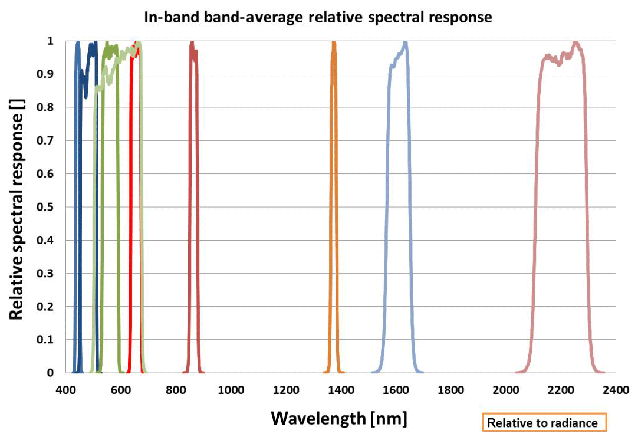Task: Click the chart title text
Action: point(318,17)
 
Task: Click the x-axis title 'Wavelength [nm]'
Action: point(339,418)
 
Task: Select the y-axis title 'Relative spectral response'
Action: point(17,209)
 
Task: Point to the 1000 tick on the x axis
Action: point(231,390)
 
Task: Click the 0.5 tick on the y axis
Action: point(50,207)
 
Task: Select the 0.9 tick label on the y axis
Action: point(50,74)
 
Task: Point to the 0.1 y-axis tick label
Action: point(50,340)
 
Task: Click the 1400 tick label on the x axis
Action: point(341,390)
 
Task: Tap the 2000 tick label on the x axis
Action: point(506,390)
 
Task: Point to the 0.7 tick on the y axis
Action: point(50,140)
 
